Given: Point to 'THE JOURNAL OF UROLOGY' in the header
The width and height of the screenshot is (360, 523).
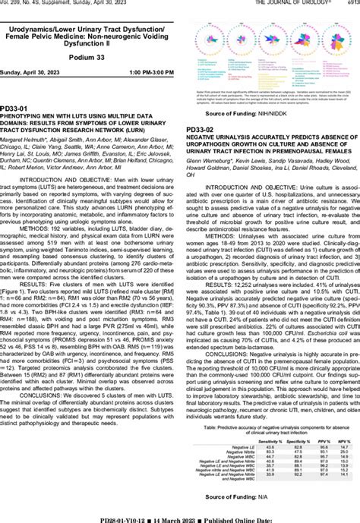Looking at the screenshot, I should pos(301,3).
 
